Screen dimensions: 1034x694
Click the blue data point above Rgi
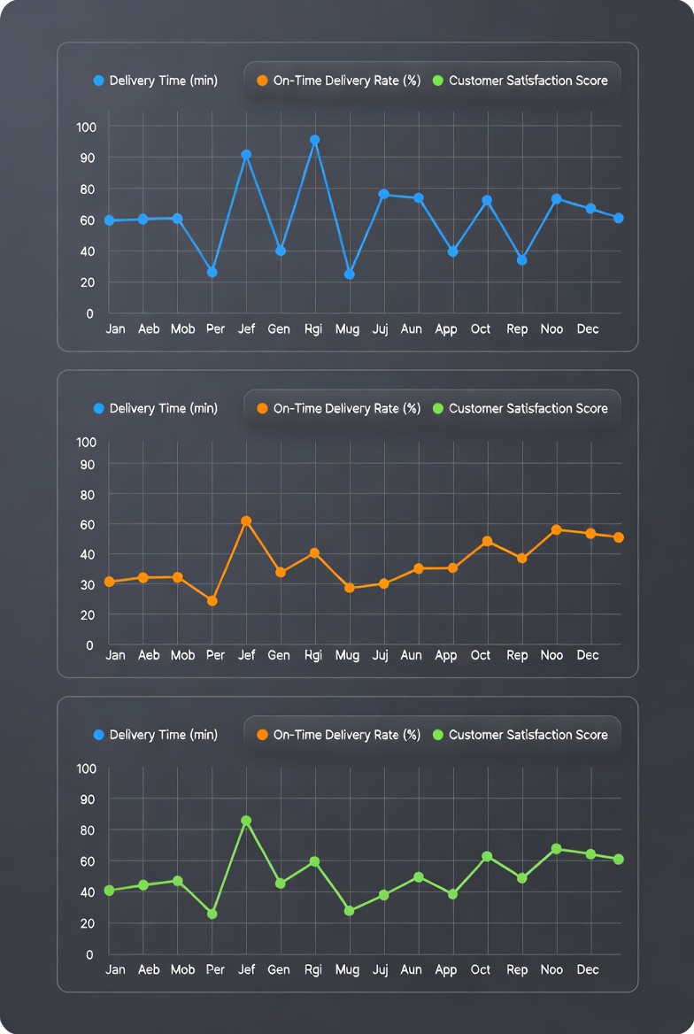tap(314, 140)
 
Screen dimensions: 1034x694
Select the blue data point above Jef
tap(246, 155)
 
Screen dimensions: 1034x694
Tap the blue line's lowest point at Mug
tap(349, 274)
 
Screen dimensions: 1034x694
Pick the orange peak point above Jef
tap(246, 521)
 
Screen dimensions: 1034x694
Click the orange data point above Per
tap(212, 601)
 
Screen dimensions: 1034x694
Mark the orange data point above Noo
tap(556, 530)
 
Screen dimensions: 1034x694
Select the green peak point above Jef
tap(246, 821)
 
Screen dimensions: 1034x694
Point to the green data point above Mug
tap(349, 911)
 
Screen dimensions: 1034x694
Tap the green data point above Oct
tap(487, 857)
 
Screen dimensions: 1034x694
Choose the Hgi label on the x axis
tap(312, 655)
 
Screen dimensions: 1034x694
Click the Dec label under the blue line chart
tap(588, 328)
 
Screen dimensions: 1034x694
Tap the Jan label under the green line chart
tap(115, 969)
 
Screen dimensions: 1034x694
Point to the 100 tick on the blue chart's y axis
tap(86, 127)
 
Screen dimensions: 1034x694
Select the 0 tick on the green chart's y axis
tap(89, 954)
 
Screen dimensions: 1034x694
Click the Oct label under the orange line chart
tap(481, 655)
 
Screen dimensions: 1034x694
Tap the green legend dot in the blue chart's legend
tap(437, 81)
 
